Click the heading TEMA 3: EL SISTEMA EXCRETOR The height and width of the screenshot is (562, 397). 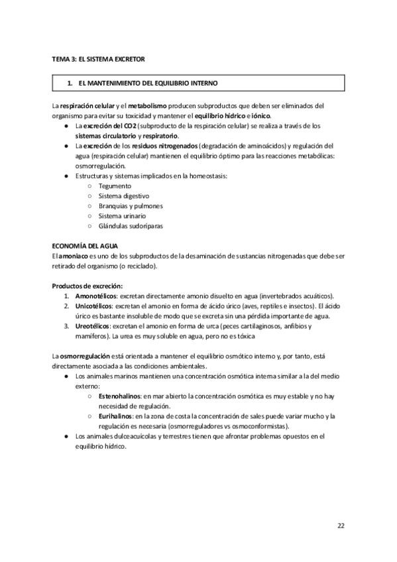[x=99, y=60]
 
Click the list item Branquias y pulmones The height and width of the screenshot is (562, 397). [x=131, y=206]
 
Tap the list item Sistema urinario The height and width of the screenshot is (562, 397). [x=122, y=216]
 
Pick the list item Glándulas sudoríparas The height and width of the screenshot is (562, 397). [x=131, y=226]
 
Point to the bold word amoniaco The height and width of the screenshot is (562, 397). [x=74, y=256]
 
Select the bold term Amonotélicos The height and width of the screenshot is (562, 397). [x=96, y=296]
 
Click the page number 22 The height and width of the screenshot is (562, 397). [x=341, y=526]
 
